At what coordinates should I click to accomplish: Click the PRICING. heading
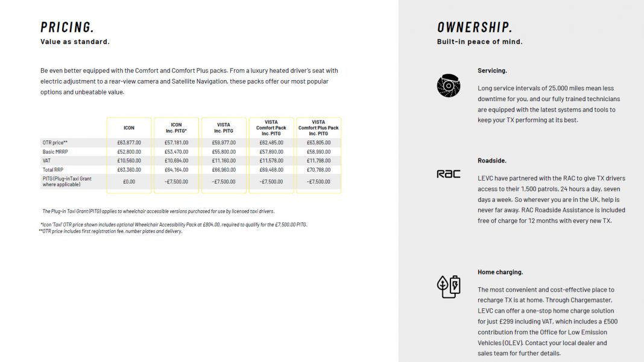[x=67, y=27]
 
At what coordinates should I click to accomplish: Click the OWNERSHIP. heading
[x=475, y=27]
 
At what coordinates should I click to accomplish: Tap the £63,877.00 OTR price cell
[x=129, y=143]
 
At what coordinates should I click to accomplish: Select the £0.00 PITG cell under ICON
[x=129, y=181]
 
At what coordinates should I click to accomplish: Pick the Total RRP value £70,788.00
[x=318, y=170]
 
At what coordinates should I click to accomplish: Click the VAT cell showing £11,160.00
[x=224, y=161]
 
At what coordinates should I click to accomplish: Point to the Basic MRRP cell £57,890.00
[x=271, y=152]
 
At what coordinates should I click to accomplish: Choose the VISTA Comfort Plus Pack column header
[x=318, y=128]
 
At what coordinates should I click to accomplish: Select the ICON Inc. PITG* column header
[x=177, y=128]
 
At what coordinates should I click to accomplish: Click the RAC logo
[x=448, y=174]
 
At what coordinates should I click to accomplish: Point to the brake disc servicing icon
[x=448, y=86]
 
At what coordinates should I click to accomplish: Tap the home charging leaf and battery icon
[x=448, y=287]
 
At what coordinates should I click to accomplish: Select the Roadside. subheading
[x=492, y=161]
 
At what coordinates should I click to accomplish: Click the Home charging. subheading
[x=500, y=272]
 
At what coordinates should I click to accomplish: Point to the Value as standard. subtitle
[x=75, y=42]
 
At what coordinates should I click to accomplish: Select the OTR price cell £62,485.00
[x=271, y=143]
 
